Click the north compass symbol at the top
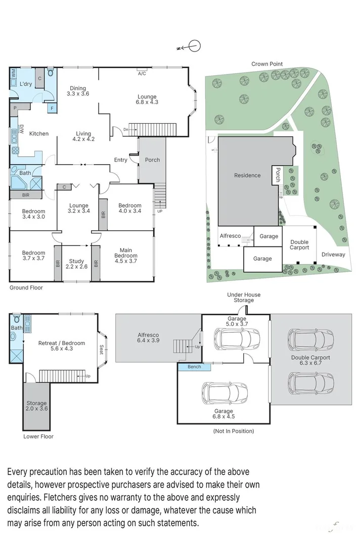coord(193,46)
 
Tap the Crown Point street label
coord(267,64)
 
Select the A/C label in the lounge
coord(142,74)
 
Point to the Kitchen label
coord(39,133)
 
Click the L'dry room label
coord(26,84)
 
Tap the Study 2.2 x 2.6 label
coord(77,264)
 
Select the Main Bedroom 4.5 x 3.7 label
coord(126,253)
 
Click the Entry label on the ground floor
coord(121,160)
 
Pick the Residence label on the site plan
coord(247,175)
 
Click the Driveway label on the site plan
coord(334,255)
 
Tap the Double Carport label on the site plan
coord(299,245)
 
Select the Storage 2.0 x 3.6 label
coord(36,406)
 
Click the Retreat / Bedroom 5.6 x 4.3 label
coord(62,346)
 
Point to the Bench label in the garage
coord(194,367)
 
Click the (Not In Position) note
coord(234,431)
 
